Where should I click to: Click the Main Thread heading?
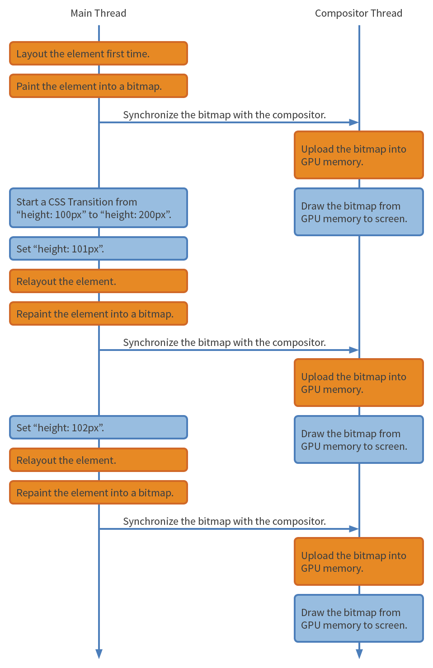98,13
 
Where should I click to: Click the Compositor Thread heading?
358,13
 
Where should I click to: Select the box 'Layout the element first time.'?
98,54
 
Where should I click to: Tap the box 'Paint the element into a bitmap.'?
98,86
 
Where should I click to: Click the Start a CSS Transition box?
98,208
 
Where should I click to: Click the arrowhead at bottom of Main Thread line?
99,654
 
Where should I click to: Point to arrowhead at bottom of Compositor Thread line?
359,654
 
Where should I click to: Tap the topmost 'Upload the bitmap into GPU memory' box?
358,155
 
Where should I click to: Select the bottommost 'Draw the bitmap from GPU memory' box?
358,619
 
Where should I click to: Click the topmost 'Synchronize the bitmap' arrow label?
224,115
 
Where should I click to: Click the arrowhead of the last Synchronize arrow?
354,529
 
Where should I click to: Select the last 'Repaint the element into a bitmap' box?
98,493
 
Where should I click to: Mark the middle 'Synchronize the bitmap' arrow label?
224,342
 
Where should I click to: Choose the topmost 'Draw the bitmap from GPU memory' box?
358,212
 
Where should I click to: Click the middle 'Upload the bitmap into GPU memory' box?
358,383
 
